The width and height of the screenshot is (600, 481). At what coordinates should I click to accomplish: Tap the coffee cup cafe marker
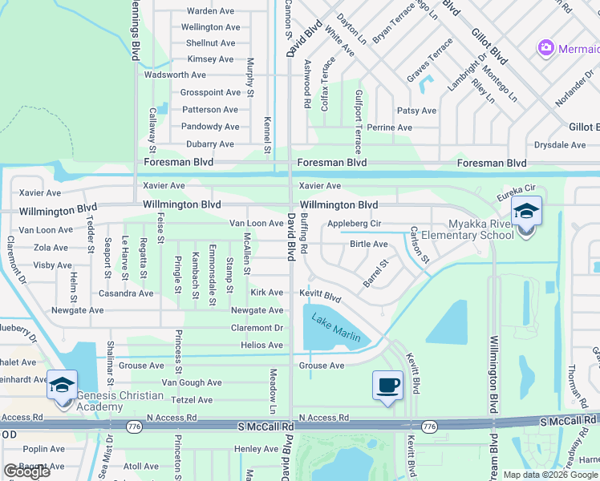coord(387,385)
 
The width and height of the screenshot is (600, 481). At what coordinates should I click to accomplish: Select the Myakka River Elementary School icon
coord(526,212)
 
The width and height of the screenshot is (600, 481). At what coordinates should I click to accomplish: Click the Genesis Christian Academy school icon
coord(62,385)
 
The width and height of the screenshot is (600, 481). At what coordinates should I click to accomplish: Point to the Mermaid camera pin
coord(546,48)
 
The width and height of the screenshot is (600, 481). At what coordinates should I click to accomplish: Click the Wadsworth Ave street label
coord(176,75)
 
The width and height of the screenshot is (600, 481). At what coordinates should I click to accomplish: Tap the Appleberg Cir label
coord(353,224)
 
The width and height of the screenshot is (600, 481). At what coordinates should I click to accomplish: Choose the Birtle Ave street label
coord(369,245)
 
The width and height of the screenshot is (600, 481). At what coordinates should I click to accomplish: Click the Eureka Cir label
coord(515,189)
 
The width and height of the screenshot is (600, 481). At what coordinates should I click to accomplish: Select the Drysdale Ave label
coord(561,145)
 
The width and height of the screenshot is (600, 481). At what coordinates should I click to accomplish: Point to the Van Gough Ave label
coord(191,383)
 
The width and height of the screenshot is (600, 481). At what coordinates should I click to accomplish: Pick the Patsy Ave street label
coord(417,111)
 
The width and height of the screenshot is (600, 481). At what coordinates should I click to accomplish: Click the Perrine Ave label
coord(389,127)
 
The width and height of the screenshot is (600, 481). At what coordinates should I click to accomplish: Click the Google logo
coord(26,471)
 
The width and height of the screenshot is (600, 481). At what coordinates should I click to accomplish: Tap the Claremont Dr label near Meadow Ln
coord(257,328)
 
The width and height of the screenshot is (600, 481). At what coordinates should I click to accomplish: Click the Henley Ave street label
coord(256,449)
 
